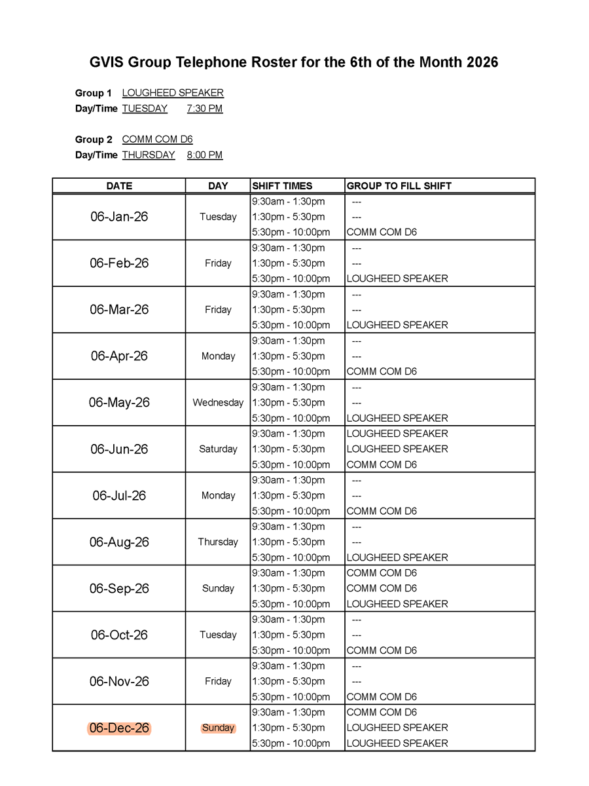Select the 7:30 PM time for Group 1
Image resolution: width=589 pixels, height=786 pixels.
(x=204, y=109)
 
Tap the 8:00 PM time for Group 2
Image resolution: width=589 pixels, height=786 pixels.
(x=204, y=155)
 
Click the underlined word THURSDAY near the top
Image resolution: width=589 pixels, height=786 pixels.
(x=149, y=155)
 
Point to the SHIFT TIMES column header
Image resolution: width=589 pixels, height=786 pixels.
(x=282, y=186)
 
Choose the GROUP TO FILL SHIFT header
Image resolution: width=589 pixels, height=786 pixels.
(x=399, y=186)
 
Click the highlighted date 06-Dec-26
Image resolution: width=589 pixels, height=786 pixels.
(x=119, y=728)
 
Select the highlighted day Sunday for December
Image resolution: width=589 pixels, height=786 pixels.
(x=218, y=728)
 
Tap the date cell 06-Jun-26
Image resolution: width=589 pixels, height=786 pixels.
(x=119, y=449)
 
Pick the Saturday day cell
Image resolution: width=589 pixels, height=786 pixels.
(x=218, y=449)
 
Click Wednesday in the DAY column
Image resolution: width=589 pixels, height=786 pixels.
(x=218, y=403)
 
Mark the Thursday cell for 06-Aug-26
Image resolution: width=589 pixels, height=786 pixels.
(x=218, y=542)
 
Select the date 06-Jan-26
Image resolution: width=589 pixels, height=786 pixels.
(x=119, y=217)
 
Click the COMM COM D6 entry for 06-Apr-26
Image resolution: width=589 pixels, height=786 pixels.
(x=382, y=371)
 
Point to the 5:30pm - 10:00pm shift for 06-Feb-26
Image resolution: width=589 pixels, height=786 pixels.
(x=291, y=278)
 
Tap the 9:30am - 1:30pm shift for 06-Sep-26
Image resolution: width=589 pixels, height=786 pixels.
(x=288, y=573)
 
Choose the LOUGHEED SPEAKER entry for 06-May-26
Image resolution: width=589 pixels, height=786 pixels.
(x=397, y=418)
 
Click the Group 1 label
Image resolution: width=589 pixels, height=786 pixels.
(x=93, y=93)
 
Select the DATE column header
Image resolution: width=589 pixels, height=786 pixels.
(x=119, y=186)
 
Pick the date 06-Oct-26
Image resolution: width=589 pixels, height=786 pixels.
(x=119, y=635)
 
